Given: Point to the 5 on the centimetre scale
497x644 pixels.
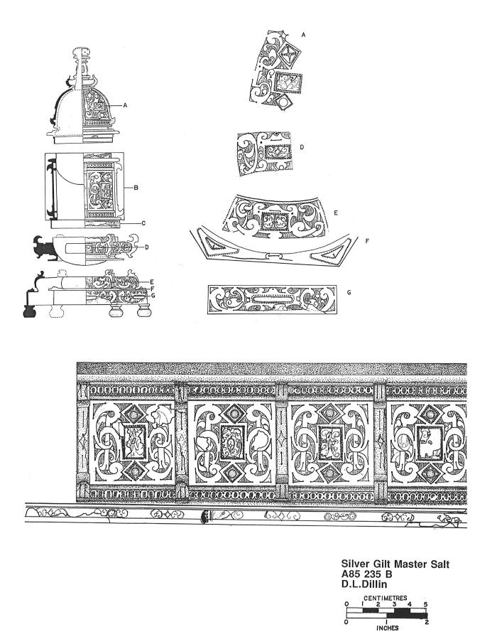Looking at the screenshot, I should tap(425, 604).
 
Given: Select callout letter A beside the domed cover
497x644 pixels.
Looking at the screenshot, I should tap(124, 104).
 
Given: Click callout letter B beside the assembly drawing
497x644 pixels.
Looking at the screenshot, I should tap(135, 188).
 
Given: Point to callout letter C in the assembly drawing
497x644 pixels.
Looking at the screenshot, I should tap(143, 223).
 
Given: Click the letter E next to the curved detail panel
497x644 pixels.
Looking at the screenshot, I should tap(151, 281).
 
